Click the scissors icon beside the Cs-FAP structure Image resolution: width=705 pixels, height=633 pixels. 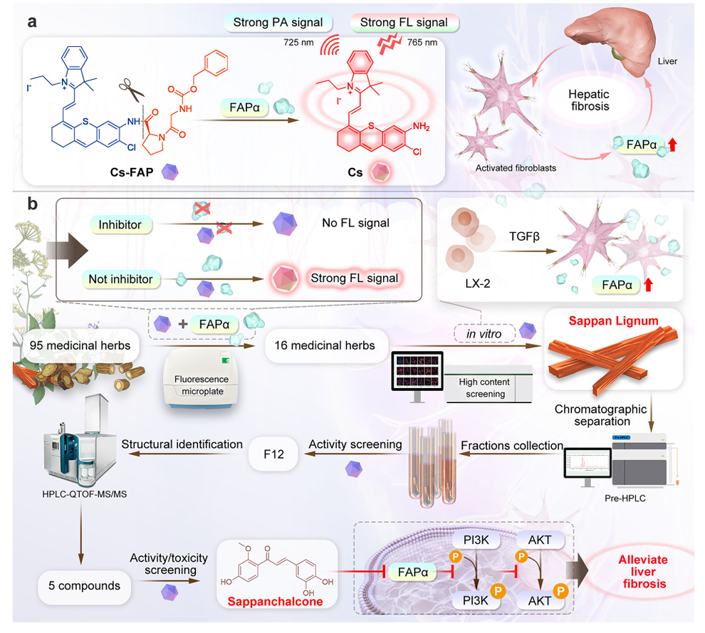(131, 90)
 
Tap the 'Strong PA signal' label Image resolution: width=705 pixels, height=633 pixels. (278, 23)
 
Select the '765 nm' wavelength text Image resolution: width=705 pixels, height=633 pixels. (422, 43)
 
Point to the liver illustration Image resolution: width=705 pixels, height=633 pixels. (610, 38)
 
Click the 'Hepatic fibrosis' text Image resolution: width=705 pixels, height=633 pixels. (589, 100)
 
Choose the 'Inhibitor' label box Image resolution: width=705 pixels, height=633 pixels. (120, 225)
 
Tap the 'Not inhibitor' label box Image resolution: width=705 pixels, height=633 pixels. (120, 279)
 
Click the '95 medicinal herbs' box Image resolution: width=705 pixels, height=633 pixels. (80, 345)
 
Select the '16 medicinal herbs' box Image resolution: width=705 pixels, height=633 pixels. (325, 345)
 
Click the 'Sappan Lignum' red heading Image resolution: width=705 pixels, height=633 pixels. (613, 321)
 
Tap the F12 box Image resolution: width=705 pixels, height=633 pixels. (274, 454)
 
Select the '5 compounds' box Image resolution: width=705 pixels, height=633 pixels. (85, 586)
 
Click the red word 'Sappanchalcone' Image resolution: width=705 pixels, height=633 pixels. (275, 602)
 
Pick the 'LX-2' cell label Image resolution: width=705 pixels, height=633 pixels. (478, 283)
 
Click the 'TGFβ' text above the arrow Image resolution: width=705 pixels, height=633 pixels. (524, 236)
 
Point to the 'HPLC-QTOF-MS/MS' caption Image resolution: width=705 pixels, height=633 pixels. (85, 494)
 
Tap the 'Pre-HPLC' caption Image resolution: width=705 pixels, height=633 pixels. (625, 498)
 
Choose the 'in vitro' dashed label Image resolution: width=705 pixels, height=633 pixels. (484, 334)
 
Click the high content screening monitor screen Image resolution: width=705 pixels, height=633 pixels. (417, 370)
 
